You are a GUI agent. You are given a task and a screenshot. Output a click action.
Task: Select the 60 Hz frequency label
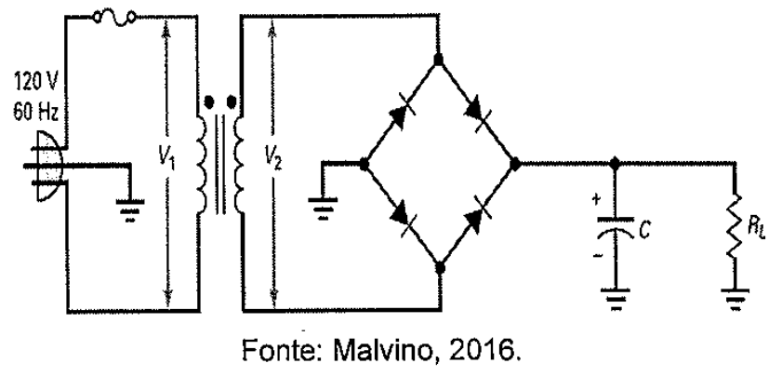tap(35, 112)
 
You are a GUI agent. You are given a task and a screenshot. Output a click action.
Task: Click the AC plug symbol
tap(44, 167)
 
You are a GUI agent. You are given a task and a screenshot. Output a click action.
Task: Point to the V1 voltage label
tap(167, 161)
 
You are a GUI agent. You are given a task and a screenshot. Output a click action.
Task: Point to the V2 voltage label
tap(272, 161)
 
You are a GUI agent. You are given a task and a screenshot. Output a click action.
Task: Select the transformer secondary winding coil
tap(238, 164)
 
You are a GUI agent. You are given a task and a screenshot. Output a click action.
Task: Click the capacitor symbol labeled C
tap(616, 226)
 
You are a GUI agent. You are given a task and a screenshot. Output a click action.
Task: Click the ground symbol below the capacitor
tap(616, 299)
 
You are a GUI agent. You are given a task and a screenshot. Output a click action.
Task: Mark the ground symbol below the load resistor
tap(735, 299)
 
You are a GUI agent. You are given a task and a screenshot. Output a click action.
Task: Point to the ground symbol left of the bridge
tap(323, 209)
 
